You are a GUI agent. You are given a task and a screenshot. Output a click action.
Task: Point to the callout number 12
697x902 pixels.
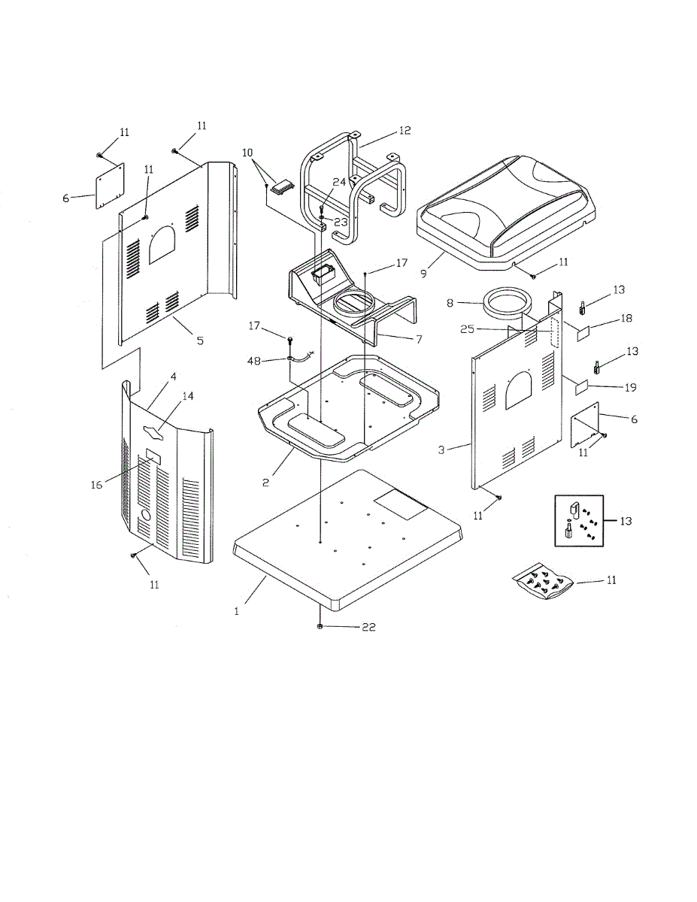(x=405, y=131)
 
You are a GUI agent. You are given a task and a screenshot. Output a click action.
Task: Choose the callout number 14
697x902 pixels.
(x=187, y=396)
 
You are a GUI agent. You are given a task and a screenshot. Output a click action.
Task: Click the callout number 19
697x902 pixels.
(x=630, y=387)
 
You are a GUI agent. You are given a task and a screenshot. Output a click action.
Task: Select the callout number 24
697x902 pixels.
(x=339, y=181)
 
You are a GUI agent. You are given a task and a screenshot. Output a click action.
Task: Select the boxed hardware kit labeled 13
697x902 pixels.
(x=580, y=522)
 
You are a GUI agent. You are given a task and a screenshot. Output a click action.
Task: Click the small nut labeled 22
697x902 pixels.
(x=320, y=626)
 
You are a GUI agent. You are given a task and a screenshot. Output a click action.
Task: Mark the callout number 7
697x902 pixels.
(x=418, y=338)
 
